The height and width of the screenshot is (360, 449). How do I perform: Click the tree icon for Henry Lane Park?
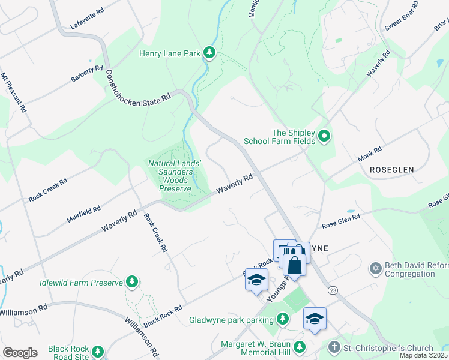[x=209, y=53]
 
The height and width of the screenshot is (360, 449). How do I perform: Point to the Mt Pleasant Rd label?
[x=13, y=92]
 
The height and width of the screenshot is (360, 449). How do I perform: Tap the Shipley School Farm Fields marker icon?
[x=324, y=136]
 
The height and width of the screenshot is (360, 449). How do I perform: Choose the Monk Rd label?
[x=369, y=154]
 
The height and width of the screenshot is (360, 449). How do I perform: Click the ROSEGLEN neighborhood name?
[x=391, y=170]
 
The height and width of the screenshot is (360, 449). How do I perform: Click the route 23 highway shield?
[x=332, y=290]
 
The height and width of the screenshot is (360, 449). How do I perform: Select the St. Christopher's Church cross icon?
[x=334, y=348]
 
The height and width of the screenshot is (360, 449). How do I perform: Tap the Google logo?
[x=20, y=353]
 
